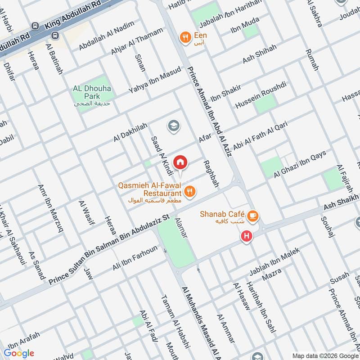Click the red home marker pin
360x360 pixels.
tap(180, 162)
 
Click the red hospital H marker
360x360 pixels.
tap(246, 236)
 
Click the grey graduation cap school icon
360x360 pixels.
tap(173, 126)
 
